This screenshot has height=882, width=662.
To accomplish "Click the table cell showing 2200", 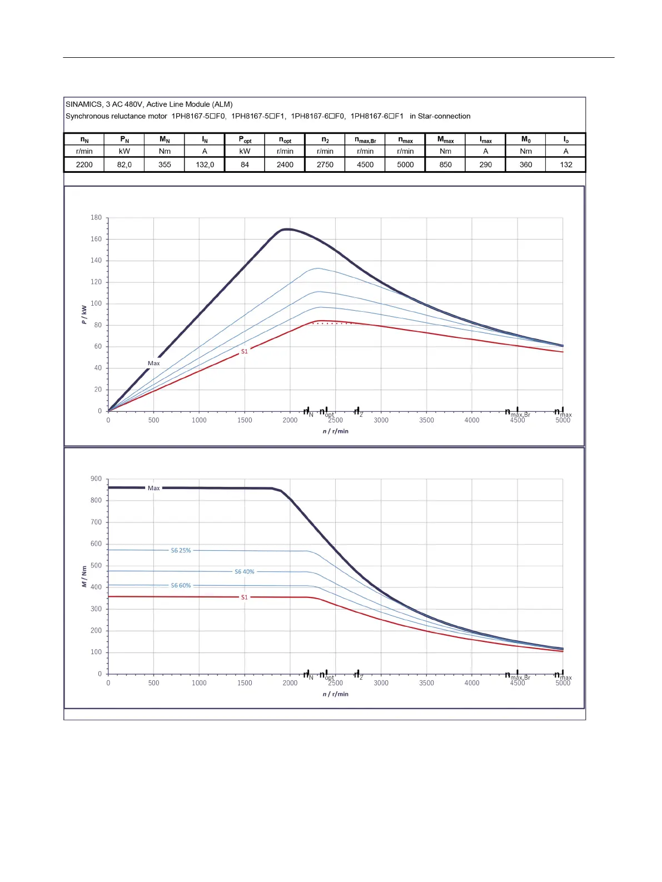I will [84, 165].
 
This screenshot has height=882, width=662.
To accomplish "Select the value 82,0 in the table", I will [125, 165].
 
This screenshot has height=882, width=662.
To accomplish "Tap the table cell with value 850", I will [445, 165].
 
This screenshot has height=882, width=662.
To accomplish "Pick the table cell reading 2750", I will [325, 165].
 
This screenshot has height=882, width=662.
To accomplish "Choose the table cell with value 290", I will [486, 165].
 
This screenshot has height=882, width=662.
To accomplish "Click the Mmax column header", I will [445, 139].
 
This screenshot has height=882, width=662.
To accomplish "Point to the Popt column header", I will [245, 139].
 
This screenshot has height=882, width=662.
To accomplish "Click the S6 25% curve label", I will [181, 550].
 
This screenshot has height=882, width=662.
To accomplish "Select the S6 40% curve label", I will [244, 571].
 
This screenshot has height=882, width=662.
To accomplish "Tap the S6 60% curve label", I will [181, 585].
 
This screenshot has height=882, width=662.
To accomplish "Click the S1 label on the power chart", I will [244, 351].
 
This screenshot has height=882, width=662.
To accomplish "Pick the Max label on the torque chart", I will [153, 488].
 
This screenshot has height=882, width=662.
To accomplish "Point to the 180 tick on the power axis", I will [96, 217].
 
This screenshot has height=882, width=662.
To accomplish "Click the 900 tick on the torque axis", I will [96, 479].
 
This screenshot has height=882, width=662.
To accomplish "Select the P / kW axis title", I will [84, 315].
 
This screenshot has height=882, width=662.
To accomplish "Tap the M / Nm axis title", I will [84, 576].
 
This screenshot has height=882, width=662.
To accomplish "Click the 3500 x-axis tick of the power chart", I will [426, 420].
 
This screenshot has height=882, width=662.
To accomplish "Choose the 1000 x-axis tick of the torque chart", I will [199, 683].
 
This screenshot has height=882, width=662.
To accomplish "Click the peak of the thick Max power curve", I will [286, 229].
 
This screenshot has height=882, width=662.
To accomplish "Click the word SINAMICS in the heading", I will [84, 104].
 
